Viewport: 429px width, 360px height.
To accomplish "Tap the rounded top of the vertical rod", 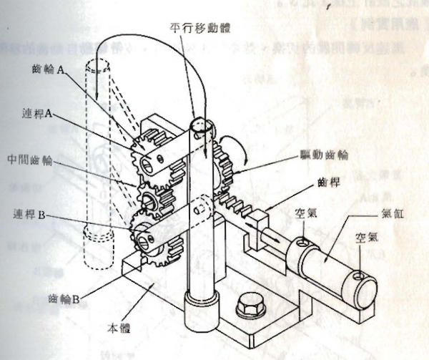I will coord(203,127).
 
